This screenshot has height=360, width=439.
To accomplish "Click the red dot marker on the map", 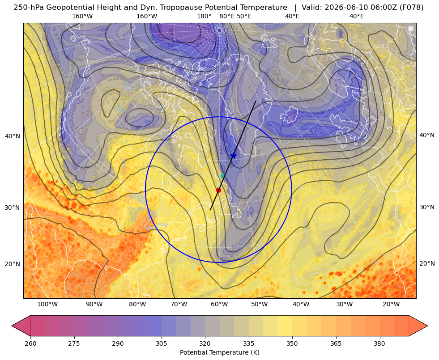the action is pyautogui.click(x=219, y=190).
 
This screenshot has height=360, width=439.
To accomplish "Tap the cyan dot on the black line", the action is pyautogui.click(x=223, y=176).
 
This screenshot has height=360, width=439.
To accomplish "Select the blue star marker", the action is pyautogui.click(x=233, y=156).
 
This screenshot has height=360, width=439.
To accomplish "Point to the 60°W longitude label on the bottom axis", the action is pyautogui.click(x=219, y=305).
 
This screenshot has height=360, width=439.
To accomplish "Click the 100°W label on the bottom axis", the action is pyautogui.click(x=47, y=305).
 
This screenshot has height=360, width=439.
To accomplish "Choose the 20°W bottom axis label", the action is pyautogui.click(x=391, y=305).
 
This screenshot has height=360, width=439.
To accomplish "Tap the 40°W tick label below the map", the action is pyautogui.click(x=301, y=305).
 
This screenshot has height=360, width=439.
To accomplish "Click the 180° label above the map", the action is pyautogui.click(x=204, y=16).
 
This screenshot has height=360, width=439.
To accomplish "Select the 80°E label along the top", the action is pyautogui.click(x=227, y=16).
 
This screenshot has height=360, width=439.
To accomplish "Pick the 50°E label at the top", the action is pyautogui.click(x=244, y=16).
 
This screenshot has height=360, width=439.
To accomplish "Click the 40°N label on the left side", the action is pyautogui.click(x=13, y=136).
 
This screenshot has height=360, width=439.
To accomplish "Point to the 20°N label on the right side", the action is pyautogui.click(x=427, y=263).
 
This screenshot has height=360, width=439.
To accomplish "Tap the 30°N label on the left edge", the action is pyautogui.click(x=13, y=208).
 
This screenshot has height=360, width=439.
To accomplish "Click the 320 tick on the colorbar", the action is pyautogui.click(x=205, y=343).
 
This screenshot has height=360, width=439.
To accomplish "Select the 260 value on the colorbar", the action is pyautogui.click(x=30, y=343).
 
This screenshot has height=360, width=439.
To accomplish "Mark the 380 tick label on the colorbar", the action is pyautogui.click(x=379, y=343).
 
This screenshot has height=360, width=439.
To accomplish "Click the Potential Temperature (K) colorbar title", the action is pyautogui.click(x=219, y=352).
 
